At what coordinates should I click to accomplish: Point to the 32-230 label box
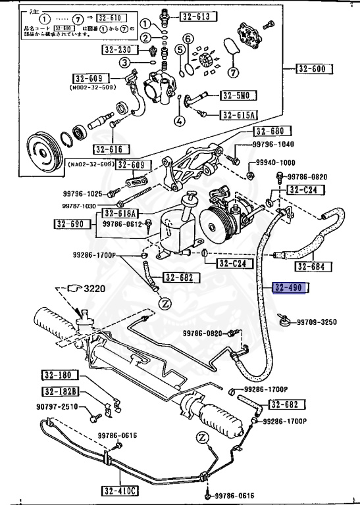point(119,49)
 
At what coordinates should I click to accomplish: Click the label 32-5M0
point(236,95)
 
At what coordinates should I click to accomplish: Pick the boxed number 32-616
point(109,149)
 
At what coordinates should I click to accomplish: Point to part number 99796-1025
point(83,193)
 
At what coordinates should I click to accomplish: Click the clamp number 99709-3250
point(317,322)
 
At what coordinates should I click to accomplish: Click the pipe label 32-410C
point(120,490)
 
